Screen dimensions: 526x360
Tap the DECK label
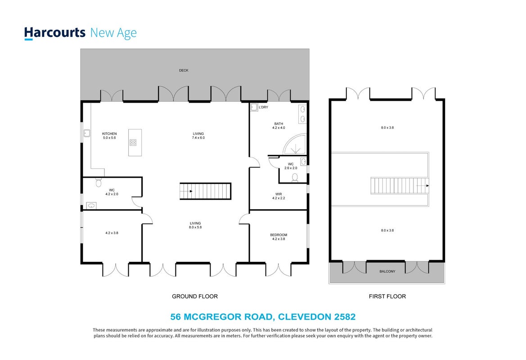184,71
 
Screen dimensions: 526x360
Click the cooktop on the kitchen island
133,143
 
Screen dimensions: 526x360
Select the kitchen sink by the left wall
87,133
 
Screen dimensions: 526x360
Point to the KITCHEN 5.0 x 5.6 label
109,135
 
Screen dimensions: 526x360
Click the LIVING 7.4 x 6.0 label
198,135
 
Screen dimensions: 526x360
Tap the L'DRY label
263,108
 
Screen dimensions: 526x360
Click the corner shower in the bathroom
295,144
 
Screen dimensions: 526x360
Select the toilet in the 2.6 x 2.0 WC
295,177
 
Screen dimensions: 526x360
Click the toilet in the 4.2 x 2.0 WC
99,182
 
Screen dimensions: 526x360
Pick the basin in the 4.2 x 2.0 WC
91,206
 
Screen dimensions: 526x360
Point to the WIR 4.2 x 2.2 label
279,196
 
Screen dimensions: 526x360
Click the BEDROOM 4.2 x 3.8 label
279,237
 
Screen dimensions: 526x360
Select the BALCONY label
387,271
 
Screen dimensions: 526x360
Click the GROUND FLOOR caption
195,296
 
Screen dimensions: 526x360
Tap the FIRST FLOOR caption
387,296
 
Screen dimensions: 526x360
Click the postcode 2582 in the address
345,317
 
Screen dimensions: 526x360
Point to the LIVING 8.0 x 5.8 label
195,225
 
